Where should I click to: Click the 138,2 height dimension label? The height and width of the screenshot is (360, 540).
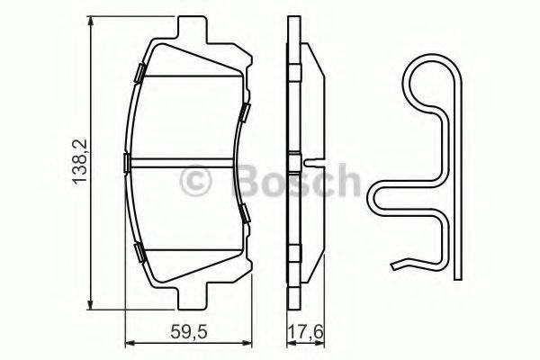click(78, 162)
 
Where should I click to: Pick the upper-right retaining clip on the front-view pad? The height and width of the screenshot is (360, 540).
click(244, 112)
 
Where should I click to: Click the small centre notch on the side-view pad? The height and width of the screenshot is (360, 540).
click(310, 163)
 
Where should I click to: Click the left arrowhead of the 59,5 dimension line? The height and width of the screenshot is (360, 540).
click(127, 342)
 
